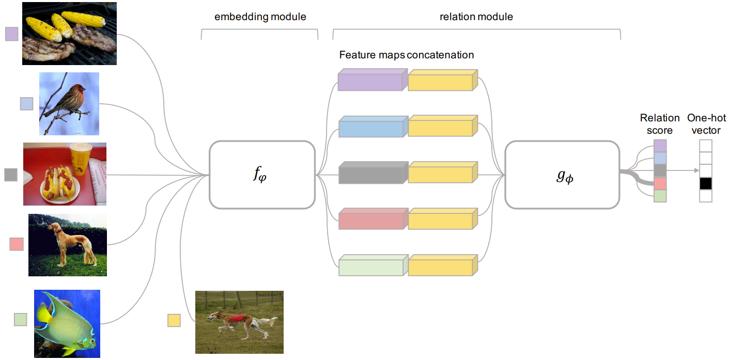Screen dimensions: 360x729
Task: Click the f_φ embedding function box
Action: pyautogui.click(x=262, y=175)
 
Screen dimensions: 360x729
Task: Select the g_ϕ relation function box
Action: pyautogui.click(x=562, y=175)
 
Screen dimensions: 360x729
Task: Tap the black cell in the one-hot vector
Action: pyautogui.click(x=706, y=183)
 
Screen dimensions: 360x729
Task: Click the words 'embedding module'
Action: pyautogui.click(x=260, y=17)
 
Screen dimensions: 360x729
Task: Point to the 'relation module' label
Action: pyautogui.click(x=476, y=17)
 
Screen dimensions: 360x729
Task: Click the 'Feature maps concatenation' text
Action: pyautogui.click(x=406, y=55)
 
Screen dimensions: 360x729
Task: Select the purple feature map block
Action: pyautogui.click(x=370, y=81)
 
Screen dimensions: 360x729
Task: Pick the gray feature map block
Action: pyautogui.click(x=370, y=174)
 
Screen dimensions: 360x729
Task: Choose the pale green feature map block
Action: pyautogui.click(x=370, y=266)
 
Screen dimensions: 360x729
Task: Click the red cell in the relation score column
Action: pyautogui.click(x=660, y=183)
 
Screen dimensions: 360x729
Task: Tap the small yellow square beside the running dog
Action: pyautogui.click(x=174, y=320)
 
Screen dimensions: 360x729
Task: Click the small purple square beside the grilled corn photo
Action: pyautogui.click(x=11, y=34)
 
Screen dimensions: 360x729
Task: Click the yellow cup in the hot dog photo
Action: pyautogui.click(x=81, y=158)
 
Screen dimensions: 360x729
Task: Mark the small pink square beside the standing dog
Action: pyautogui.click(x=17, y=243)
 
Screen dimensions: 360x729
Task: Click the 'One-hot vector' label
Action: pyautogui.click(x=706, y=124)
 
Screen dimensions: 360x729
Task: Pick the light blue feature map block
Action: pyautogui.click(x=370, y=127)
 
